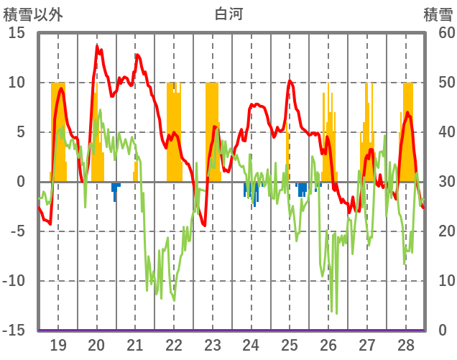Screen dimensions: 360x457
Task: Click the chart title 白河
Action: pos(228,14)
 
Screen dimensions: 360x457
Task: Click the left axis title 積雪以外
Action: pos(32,14)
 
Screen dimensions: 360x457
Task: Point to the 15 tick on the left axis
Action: pos(17,33)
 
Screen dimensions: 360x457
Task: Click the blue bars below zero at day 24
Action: pos(251,192)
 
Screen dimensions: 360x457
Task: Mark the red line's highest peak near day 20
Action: pos(97,46)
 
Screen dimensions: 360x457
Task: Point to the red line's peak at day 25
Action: pos(290,80)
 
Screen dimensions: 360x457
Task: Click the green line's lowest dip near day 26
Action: pos(335,313)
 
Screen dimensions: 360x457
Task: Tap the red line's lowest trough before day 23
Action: pos(204,225)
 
